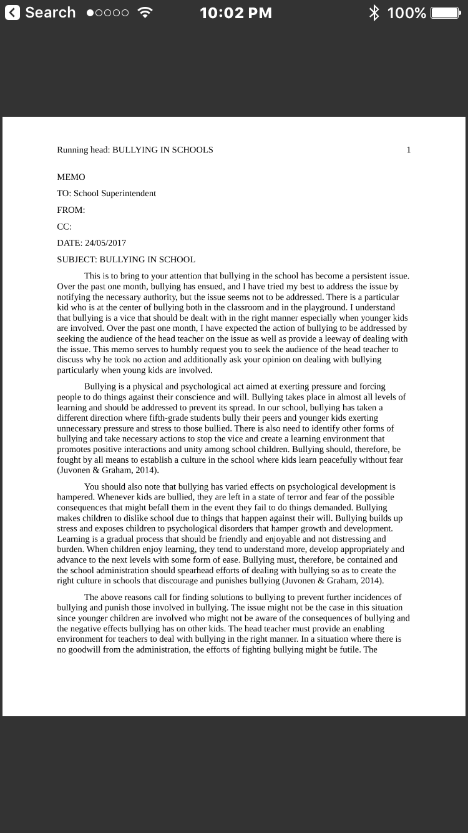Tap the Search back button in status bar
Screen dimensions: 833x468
[x=40, y=13]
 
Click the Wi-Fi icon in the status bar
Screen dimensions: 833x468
[x=145, y=13]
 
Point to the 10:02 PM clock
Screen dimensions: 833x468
[x=235, y=13]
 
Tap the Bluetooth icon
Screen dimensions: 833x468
[x=374, y=13]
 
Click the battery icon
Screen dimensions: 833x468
[x=446, y=13]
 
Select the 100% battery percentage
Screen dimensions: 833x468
[x=406, y=13]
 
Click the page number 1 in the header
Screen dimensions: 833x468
[x=409, y=150]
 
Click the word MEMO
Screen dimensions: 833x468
[x=71, y=177]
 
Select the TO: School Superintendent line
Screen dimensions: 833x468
[x=106, y=194]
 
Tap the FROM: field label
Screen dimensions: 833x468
[x=71, y=210]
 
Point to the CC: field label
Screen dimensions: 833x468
[x=64, y=227]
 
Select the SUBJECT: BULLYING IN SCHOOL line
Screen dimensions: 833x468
[x=126, y=260]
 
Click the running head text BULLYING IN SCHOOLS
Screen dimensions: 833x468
[x=162, y=150]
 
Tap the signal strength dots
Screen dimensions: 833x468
[x=108, y=13]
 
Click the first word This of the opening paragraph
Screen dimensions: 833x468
[x=92, y=276]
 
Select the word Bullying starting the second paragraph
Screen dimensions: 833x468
[x=99, y=387]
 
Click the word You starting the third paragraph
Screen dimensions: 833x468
[x=91, y=486]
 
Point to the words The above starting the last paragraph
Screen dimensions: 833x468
[x=99, y=597]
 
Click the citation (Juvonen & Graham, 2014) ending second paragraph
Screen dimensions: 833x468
[x=108, y=471]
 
